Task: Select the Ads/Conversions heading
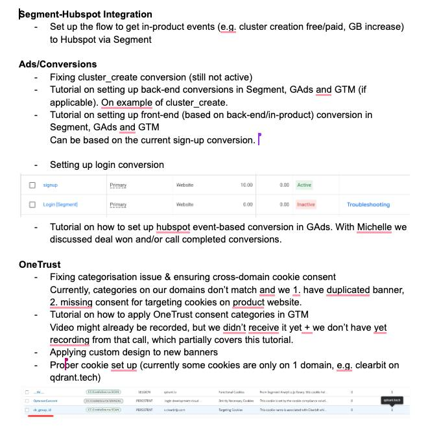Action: click(58, 64)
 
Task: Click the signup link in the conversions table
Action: click(50, 185)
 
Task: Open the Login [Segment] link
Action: click(60, 204)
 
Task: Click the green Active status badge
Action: click(304, 185)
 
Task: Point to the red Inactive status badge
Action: click(305, 204)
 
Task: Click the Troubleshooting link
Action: click(368, 204)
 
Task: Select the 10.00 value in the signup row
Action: click(246, 185)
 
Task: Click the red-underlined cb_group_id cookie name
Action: click(42, 410)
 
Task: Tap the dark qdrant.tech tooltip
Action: click(392, 400)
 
